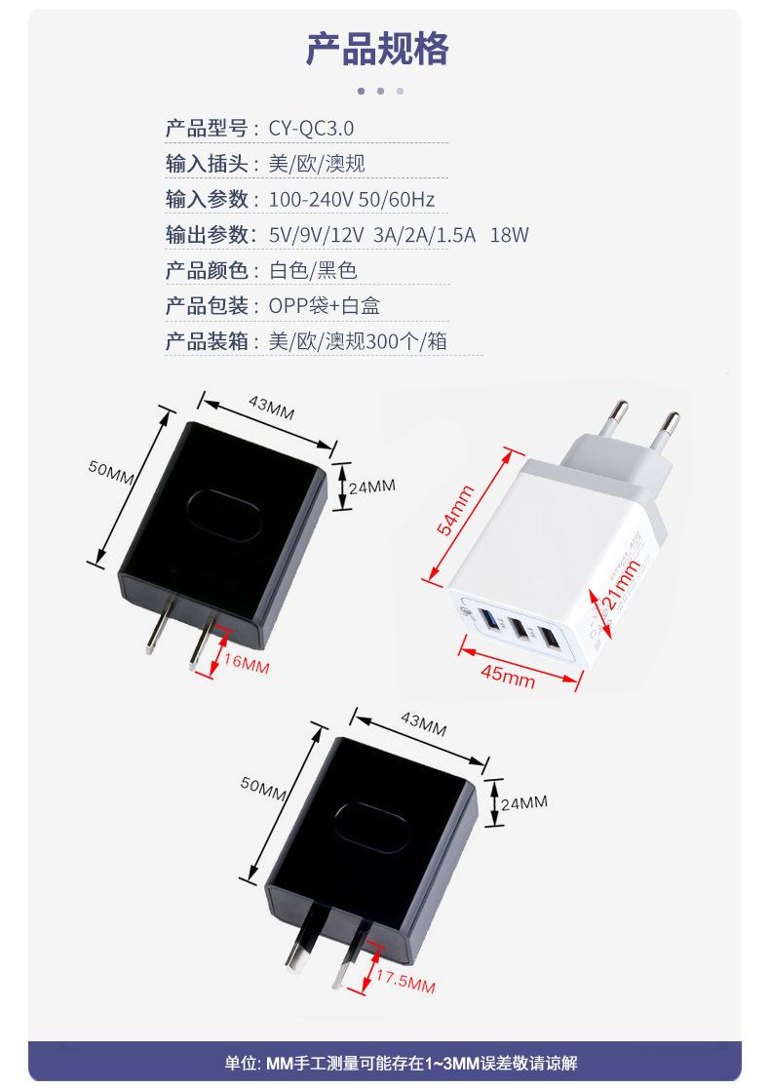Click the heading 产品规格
pos(378,48)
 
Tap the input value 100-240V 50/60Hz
pos(351,200)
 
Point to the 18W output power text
pos(509,235)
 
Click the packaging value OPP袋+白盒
pos(324,306)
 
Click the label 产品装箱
pos(207,341)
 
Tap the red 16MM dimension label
pos(246,665)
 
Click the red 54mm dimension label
pos(455,511)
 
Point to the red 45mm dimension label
pos(508,675)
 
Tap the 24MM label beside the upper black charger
pos(372,486)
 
